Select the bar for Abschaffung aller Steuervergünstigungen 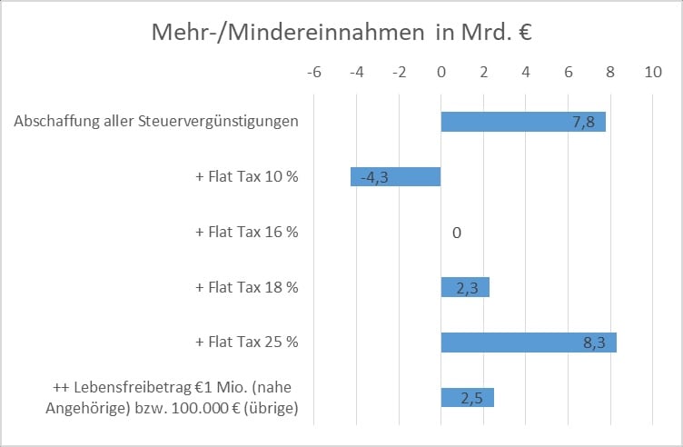[x=509, y=122]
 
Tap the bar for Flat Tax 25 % [x=509, y=343]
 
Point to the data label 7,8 [x=583, y=123]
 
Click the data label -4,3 [x=375, y=178]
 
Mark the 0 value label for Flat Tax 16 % [x=457, y=233]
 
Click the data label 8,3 [x=594, y=343]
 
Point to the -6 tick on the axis [x=314, y=72]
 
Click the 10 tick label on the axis [x=652, y=72]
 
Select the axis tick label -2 [x=399, y=72]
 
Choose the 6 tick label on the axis [x=568, y=72]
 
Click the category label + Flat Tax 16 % [x=246, y=232]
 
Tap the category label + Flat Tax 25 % [x=246, y=343]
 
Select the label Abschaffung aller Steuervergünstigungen [x=156, y=122]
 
